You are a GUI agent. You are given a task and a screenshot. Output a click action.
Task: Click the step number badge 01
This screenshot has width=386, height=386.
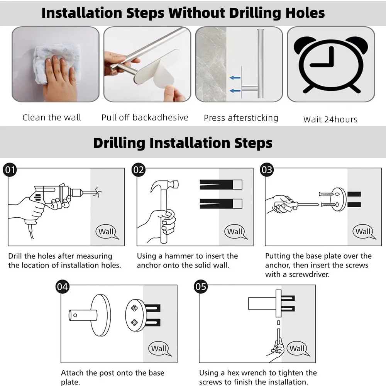10,170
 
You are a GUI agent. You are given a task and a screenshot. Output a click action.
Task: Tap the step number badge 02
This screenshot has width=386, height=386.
138,170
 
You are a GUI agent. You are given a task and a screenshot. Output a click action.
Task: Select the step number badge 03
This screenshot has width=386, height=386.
267,170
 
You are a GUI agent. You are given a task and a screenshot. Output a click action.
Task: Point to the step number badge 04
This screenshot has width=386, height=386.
62,287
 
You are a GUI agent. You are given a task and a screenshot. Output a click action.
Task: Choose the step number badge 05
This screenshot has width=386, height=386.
201,287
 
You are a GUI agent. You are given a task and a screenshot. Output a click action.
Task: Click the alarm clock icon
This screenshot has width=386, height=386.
331,64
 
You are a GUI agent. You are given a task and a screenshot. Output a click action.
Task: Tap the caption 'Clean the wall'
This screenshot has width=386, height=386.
52,117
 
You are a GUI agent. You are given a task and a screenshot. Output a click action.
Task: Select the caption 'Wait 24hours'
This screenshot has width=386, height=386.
330,119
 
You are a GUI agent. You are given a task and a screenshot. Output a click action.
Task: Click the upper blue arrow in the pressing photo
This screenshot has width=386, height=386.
235,78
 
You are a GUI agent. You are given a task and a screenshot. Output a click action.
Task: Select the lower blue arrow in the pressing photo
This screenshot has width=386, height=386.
235,91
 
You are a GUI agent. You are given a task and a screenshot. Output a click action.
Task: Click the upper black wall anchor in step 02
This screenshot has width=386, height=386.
221,185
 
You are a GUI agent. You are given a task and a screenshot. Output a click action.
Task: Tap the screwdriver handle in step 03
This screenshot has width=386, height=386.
286,205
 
